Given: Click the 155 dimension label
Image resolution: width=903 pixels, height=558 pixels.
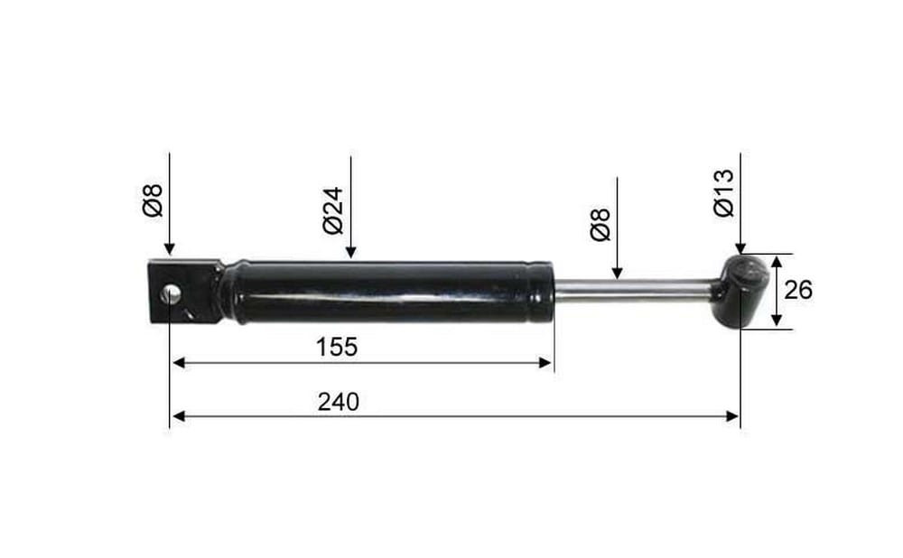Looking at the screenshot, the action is click(337, 348).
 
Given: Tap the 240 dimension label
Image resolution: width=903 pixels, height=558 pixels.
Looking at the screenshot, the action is click(338, 402).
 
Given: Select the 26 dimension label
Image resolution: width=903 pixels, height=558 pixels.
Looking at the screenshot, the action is click(798, 290).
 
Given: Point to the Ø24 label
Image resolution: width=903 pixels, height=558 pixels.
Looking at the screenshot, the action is click(333, 210).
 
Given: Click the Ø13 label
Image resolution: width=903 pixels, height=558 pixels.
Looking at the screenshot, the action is click(724, 193).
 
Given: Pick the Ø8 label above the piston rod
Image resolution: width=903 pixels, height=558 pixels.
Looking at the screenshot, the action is click(600, 225).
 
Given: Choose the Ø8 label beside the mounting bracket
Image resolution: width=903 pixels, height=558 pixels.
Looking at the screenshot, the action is click(153, 200).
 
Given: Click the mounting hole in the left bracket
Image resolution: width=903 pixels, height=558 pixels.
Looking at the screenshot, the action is click(171, 293).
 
